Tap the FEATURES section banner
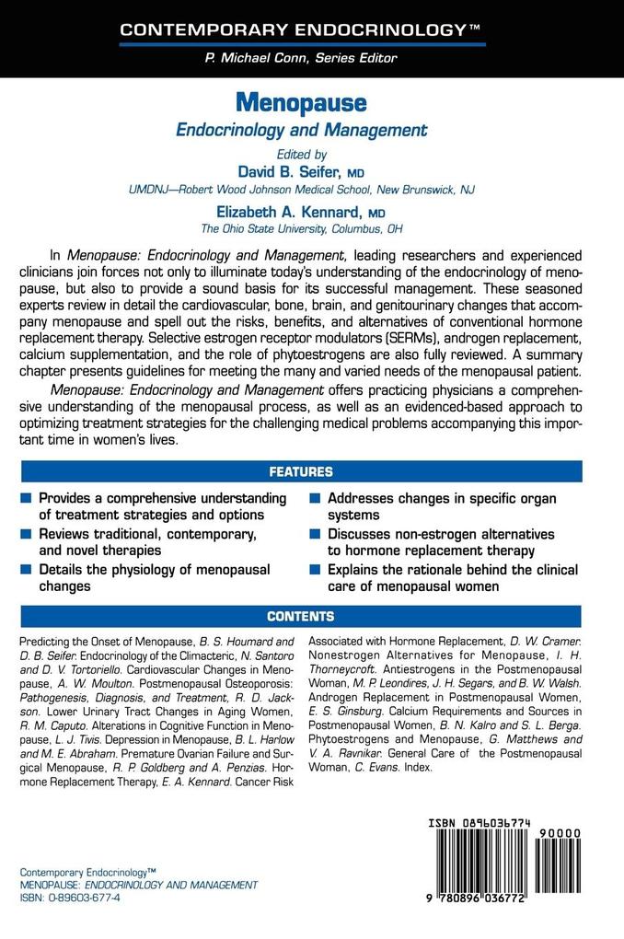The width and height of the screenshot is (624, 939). click(x=300, y=472)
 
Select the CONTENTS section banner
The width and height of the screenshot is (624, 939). click(x=300, y=616)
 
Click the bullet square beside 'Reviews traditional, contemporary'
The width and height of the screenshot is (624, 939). click(x=26, y=534)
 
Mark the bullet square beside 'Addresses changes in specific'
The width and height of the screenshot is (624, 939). click(x=315, y=498)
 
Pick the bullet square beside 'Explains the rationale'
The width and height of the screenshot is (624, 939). click(x=315, y=570)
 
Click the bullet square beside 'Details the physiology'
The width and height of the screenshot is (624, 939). click(x=26, y=570)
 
